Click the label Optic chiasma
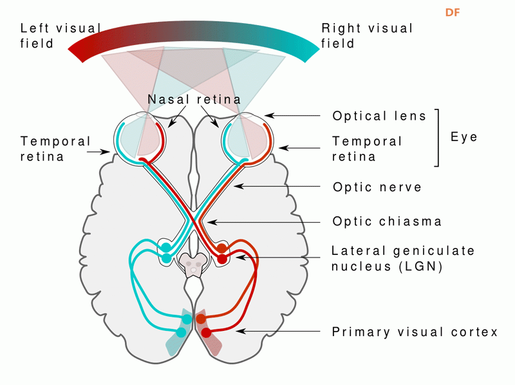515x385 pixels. (x=387, y=221)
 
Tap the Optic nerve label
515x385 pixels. (x=377, y=187)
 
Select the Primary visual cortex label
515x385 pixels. (x=415, y=332)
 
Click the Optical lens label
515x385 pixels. (x=379, y=116)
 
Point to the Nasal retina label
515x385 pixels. (x=194, y=100)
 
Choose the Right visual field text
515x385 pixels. (x=367, y=36)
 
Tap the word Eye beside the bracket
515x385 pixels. (x=464, y=136)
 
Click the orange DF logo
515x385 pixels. (x=453, y=13)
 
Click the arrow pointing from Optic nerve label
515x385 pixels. (x=277, y=187)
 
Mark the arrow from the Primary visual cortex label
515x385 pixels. (x=277, y=332)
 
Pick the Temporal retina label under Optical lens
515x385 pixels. (x=367, y=148)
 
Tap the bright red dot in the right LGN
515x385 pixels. (x=222, y=259)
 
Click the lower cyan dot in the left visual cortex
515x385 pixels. (x=181, y=332)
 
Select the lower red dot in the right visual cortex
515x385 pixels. (x=207, y=333)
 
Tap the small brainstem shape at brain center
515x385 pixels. (x=194, y=264)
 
